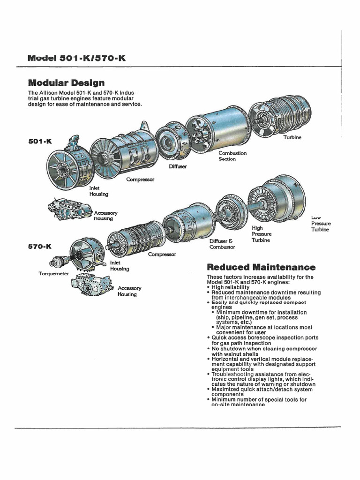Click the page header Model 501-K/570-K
point(76,58)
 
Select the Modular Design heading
point(66,83)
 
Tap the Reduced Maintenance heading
point(261,267)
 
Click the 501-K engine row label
point(39,141)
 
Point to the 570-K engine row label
point(39,246)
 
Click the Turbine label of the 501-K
point(292,138)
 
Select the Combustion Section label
point(232,156)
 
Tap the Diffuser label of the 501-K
point(178,166)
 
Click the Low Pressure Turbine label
point(320,224)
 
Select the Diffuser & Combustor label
point(222,244)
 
